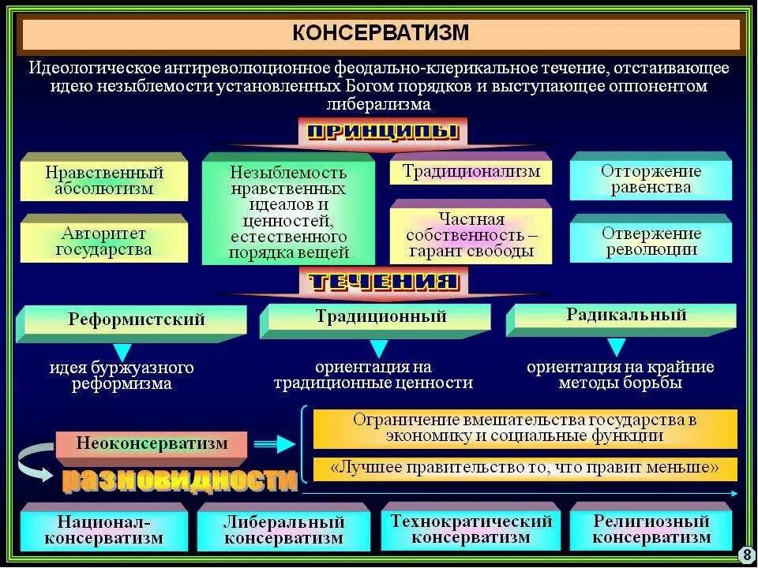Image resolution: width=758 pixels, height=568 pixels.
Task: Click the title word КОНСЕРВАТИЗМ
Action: [x=381, y=32]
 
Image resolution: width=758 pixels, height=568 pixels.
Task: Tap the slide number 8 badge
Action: [x=746, y=555]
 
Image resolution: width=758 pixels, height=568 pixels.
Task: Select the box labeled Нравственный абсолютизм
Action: [x=104, y=180]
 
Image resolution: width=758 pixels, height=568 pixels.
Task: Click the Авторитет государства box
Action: [x=104, y=241]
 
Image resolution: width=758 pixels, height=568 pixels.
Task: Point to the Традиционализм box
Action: [x=471, y=171]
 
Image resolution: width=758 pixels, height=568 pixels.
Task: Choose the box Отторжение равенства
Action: [x=651, y=179]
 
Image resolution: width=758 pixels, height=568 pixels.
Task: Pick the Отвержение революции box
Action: [x=651, y=241]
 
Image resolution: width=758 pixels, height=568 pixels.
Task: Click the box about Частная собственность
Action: [x=471, y=235]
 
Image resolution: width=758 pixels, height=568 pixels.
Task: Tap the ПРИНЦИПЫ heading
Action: [x=382, y=131]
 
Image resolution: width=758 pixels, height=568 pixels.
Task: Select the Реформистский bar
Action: [x=136, y=319]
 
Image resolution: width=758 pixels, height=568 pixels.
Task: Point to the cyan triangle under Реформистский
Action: [x=122, y=352]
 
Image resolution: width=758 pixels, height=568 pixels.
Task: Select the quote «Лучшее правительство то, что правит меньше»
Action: [x=524, y=468]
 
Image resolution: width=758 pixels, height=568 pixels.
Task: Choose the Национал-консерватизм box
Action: [x=103, y=530]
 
